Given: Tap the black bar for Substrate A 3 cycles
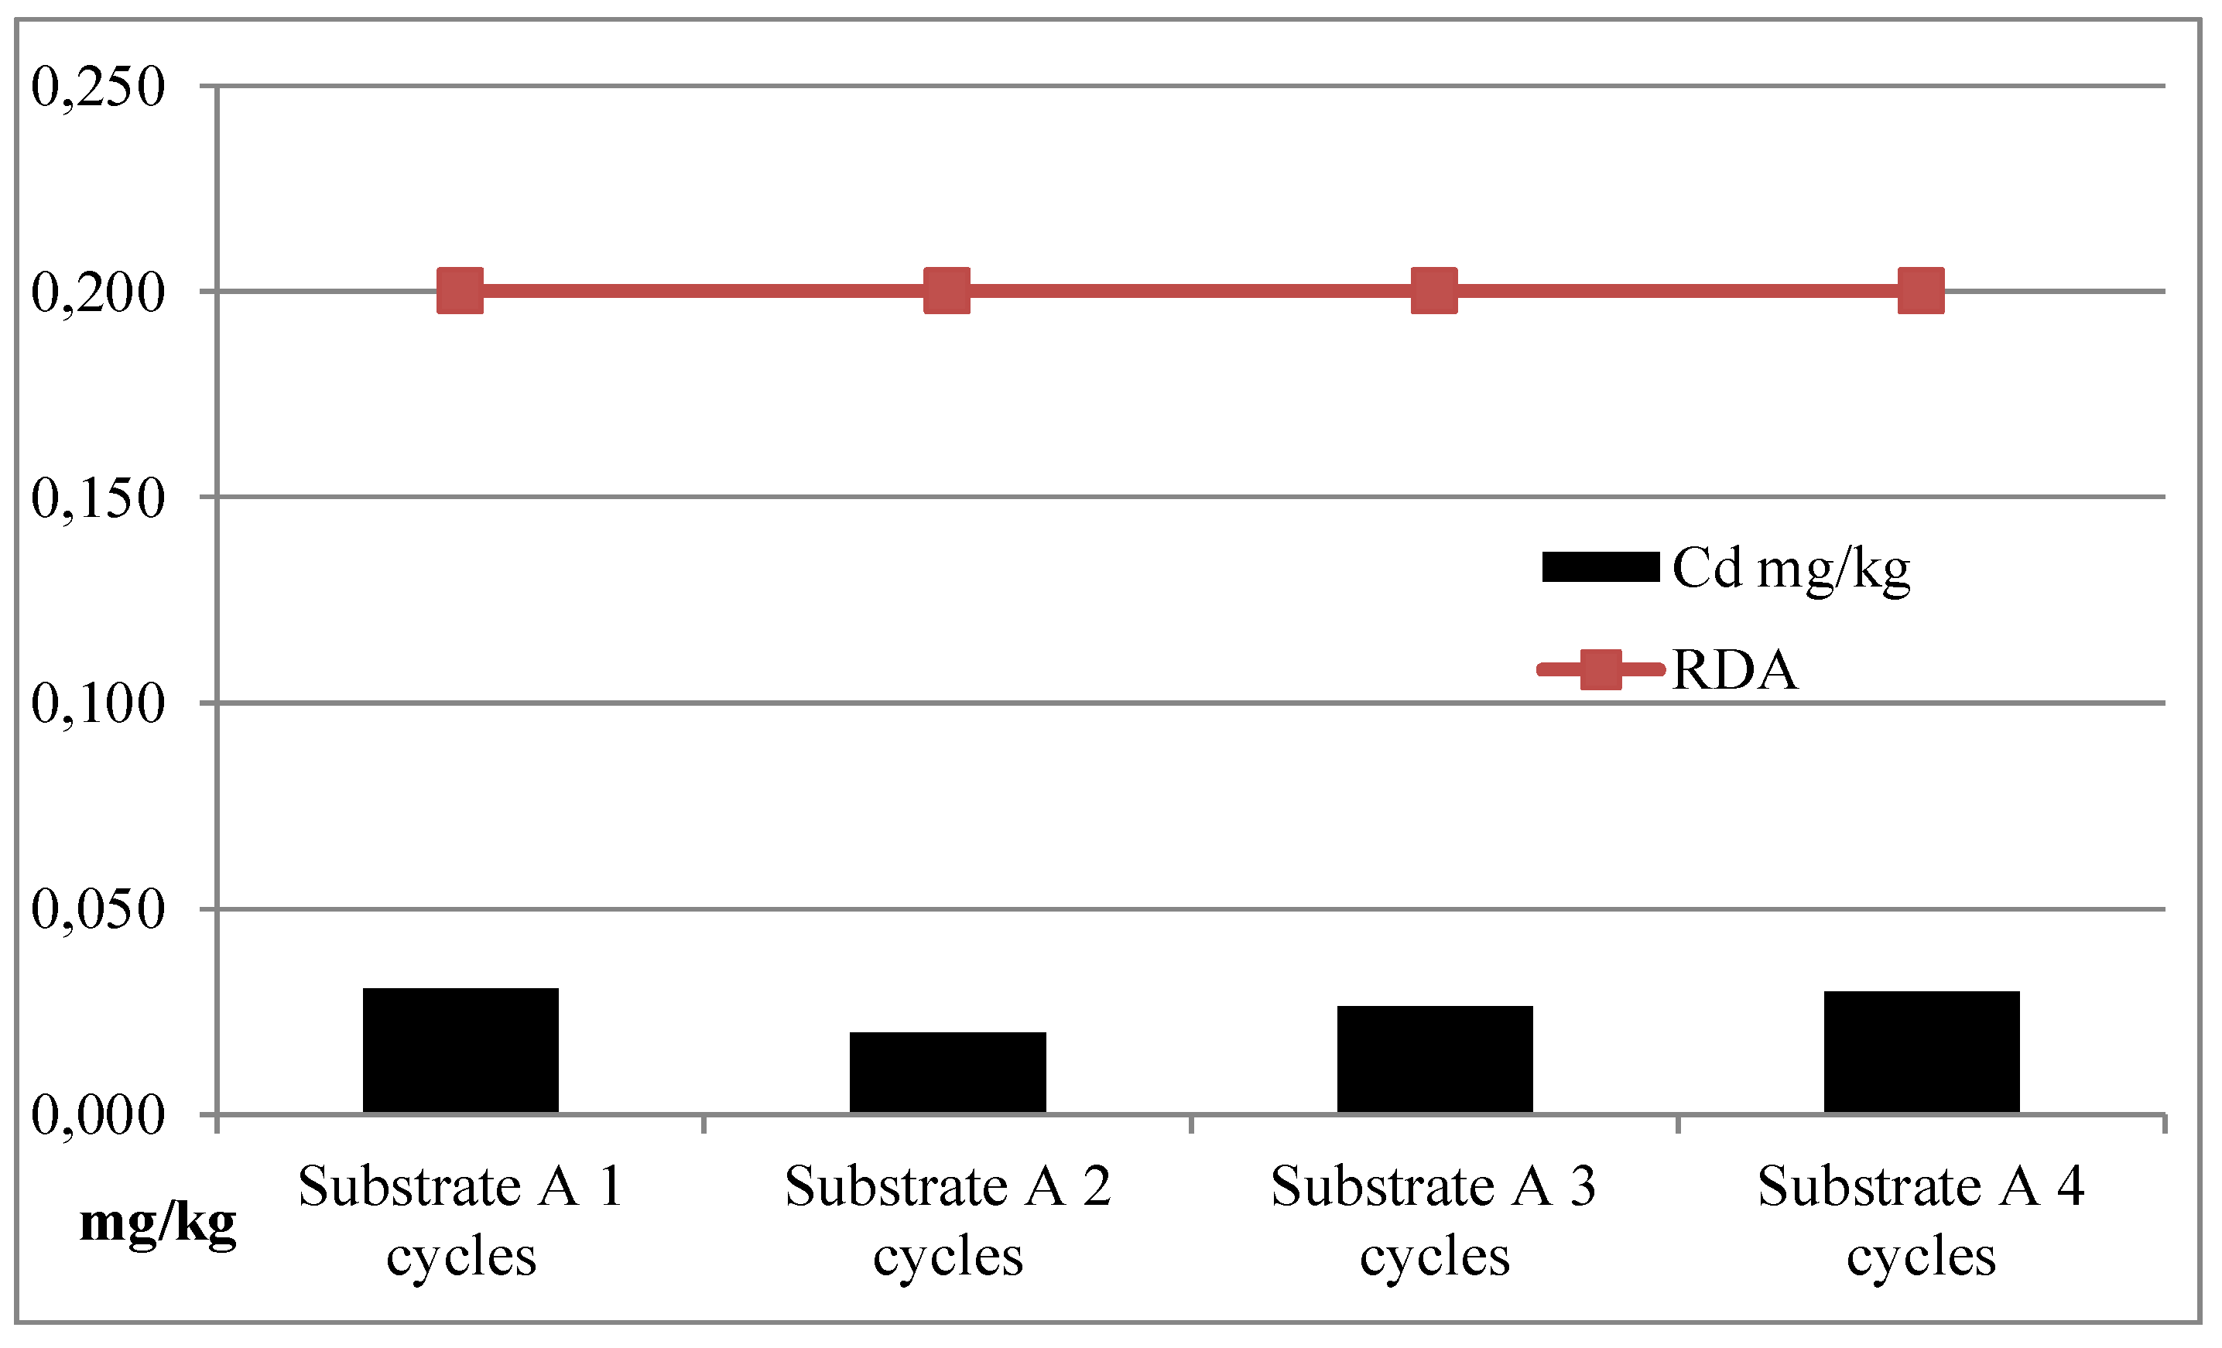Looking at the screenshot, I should [1435, 1059].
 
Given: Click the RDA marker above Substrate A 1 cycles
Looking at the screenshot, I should [460, 290].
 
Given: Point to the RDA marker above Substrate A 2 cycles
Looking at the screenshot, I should [947, 290].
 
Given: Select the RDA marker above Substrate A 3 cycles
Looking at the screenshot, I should [1434, 290].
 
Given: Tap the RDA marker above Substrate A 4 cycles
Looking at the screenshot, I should [1921, 290].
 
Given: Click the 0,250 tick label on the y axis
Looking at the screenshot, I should [98, 87].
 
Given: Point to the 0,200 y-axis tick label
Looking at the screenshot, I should [98, 293].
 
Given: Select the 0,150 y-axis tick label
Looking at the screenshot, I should [98, 498].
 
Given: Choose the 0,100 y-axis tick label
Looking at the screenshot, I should [98, 703].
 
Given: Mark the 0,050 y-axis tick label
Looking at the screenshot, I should [98, 909].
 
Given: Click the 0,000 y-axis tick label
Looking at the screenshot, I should [98, 1115].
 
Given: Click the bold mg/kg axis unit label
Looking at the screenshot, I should [158, 1224].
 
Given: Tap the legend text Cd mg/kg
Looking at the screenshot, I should [1791, 569].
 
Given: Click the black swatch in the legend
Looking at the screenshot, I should [1601, 567].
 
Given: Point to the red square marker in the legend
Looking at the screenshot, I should [1601, 669].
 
